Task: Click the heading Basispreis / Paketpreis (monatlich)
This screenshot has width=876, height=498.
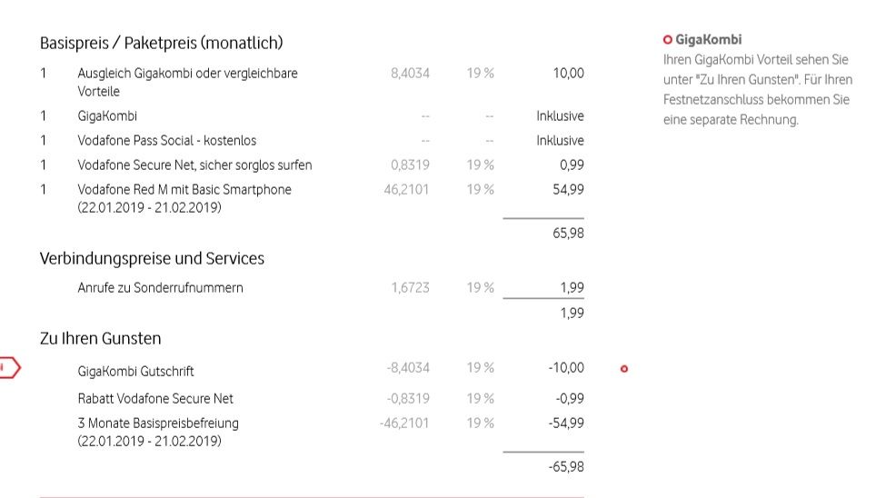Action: [161, 43]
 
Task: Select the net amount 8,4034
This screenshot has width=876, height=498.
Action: [410, 74]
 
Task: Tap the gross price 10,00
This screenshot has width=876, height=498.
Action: [568, 74]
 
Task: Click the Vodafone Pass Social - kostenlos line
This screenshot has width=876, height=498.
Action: [166, 141]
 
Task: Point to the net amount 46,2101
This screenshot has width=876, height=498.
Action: [407, 190]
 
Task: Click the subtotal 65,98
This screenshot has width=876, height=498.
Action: [568, 234]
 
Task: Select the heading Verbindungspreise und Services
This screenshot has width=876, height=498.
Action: [152, 259]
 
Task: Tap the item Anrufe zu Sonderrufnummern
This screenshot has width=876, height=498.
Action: [160, 288]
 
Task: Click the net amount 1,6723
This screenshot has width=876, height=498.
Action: [410, 288]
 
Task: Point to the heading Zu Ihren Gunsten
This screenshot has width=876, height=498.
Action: [100, 339]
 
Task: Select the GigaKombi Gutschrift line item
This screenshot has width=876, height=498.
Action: [135, 371]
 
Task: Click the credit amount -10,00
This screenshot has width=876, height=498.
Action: [566, 368]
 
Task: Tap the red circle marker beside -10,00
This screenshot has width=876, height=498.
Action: [623, 369]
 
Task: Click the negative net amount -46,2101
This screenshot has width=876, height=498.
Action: [404, 423]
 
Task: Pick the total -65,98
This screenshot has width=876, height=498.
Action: [566, 467]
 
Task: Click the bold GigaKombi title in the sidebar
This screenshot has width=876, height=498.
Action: [708, 40]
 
